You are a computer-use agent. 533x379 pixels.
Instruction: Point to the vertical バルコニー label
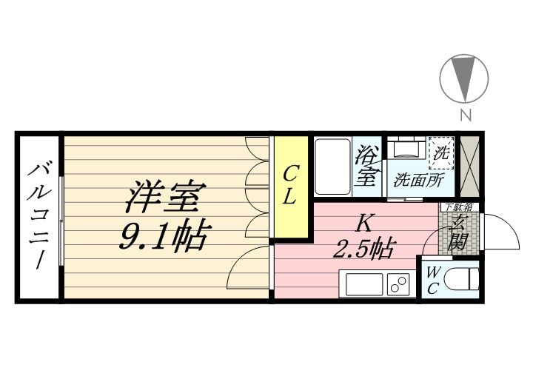pyautogui.click(x=37, y=217)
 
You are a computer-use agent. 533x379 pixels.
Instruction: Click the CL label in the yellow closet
pyautogui.click(x=290, y=186)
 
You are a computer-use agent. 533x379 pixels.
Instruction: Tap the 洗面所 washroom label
pyautogui.click(x=418, y=179)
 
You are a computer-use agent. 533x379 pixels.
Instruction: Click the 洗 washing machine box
pyautogui.click(x=441, y=154)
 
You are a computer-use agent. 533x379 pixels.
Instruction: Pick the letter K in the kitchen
pyautogui.click(x=363, y=221)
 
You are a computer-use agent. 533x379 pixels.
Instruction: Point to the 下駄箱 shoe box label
pyautogui.click(x=457, y=207)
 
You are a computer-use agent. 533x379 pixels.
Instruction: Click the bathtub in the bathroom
pyautogui.click(x=330, y=167)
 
